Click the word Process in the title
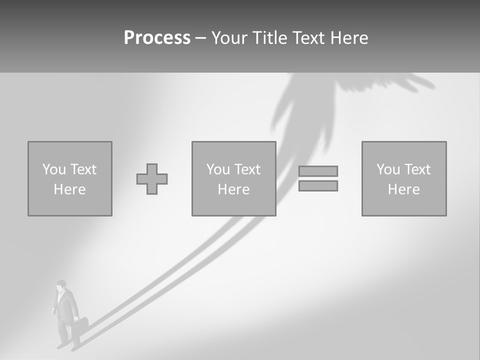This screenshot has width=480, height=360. (157, 38)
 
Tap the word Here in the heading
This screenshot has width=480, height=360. (349, 38)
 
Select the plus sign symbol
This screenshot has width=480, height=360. (152, 179)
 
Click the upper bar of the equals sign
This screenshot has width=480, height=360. (318, 171)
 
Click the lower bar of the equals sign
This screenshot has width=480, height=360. (318, 185)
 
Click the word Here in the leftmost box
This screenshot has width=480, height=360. (69, 189)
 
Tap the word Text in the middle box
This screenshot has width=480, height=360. (247, 169)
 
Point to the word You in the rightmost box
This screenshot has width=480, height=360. (388, 169)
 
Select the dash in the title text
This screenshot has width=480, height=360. (200, 38)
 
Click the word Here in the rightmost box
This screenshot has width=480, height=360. (403, 189)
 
